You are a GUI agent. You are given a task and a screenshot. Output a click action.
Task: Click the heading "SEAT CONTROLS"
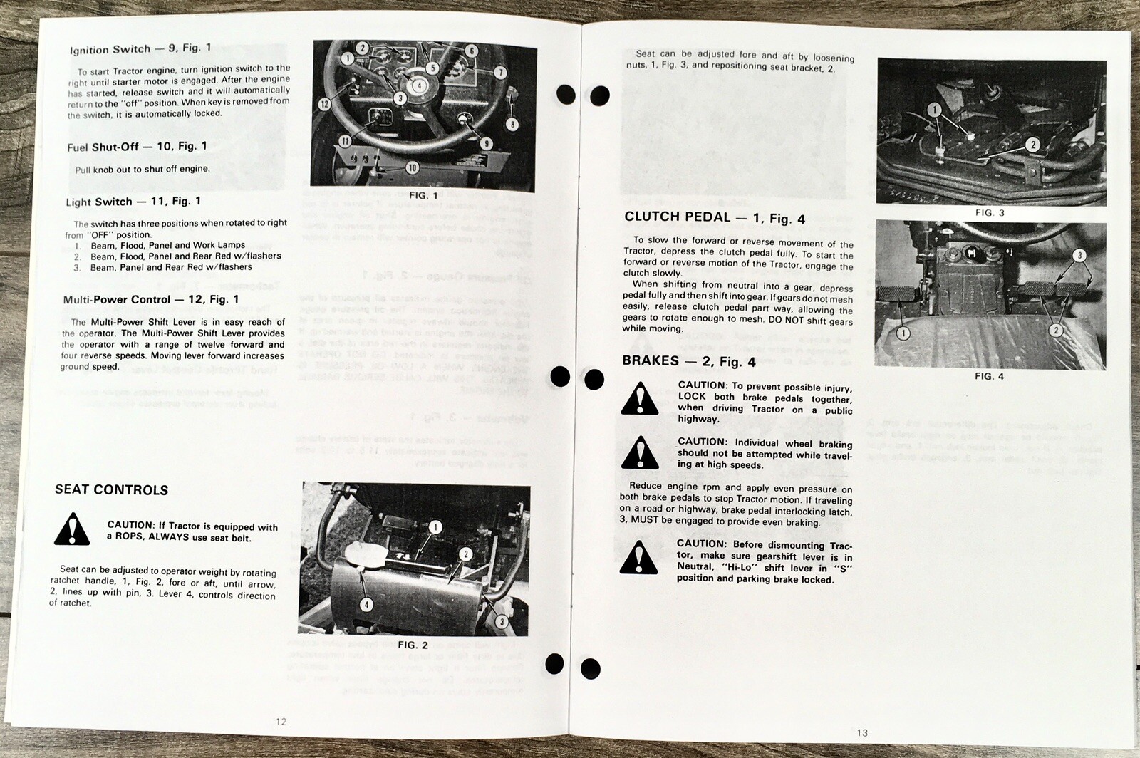[112, 490]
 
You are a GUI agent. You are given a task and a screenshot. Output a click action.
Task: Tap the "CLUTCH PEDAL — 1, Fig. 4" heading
[715, 218]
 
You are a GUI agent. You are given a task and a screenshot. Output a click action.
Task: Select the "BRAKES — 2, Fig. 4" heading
[689, 361]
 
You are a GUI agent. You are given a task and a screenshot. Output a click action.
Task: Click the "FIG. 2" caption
[413, 645]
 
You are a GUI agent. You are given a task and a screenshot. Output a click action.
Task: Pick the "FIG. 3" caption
[990, 213]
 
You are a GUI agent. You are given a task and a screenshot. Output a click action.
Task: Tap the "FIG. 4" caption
[990, 376]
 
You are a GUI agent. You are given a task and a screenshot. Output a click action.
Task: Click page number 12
[281, 722]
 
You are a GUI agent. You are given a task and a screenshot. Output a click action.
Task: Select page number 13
[863, 733]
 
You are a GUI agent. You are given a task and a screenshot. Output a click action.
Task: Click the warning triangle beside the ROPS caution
[72, 529]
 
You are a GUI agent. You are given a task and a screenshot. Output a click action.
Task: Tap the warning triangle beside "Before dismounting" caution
[639, 558]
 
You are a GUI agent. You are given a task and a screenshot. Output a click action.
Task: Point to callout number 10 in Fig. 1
[412, 168]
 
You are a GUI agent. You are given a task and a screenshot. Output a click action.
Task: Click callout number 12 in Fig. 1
[325, 104]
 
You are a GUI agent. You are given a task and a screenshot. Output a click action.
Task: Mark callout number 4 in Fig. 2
[366, 605]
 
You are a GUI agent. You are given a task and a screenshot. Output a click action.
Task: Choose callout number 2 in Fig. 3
[1032, 145]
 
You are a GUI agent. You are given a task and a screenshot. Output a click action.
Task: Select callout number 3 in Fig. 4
[1079, 256]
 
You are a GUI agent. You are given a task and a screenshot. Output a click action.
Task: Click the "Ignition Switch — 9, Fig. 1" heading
[140, 49]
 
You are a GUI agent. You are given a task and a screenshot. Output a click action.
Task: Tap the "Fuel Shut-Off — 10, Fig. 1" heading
[137, 147]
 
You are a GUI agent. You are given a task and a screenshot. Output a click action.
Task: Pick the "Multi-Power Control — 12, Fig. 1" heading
[151, 300]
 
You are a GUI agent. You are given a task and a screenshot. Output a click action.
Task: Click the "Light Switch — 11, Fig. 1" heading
[133, 202]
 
